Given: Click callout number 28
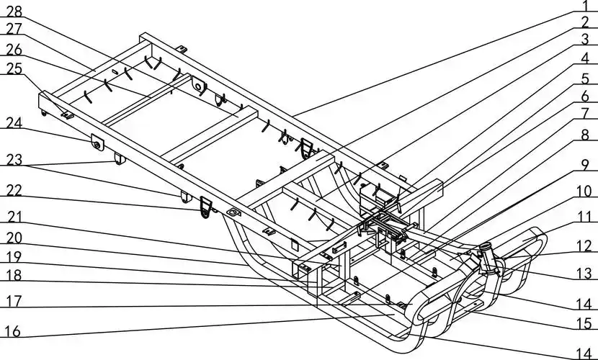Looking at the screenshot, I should tap(14, 11).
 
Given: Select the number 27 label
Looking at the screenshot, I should tap(14, 30).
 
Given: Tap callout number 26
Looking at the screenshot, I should tap(14, 49).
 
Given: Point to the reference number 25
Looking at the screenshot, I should tap(14, 68).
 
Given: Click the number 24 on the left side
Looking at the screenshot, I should tap(14, 124).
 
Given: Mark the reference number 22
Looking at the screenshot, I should tap(14, 192).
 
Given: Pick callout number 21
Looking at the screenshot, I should tap(14, 217).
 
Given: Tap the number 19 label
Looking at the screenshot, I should tap(14, 256).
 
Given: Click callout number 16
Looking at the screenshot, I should tap(14, 331).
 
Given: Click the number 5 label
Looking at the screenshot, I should tap(586, 77).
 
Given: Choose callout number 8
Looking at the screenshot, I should tap(586, 135).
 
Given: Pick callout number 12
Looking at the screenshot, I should tap(585, 246).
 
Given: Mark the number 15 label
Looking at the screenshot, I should tap(585, 325).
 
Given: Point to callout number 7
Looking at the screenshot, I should tap(586, 114).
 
